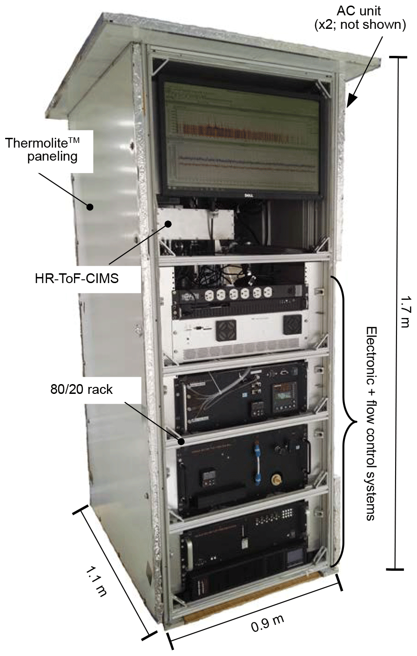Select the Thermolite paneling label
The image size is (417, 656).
[48, 149]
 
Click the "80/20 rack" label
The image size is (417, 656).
[81, 389]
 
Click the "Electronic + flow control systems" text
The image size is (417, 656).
[371, 423]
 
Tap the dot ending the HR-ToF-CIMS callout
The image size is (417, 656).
[168, 224]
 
